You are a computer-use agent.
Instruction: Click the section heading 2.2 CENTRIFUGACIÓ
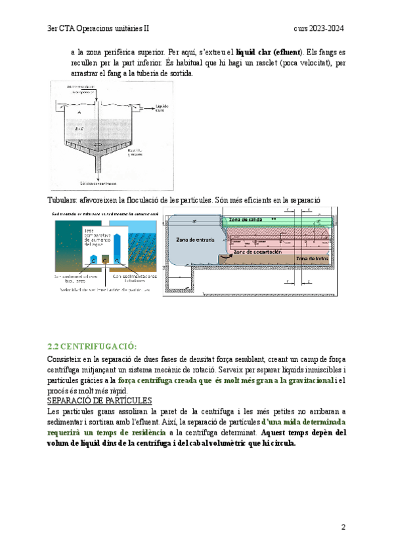pos(91,346)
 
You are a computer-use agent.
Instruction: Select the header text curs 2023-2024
pos(319,29)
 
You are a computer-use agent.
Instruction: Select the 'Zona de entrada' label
pos(193,240)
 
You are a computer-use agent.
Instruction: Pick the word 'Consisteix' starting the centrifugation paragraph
pos(67,359)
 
